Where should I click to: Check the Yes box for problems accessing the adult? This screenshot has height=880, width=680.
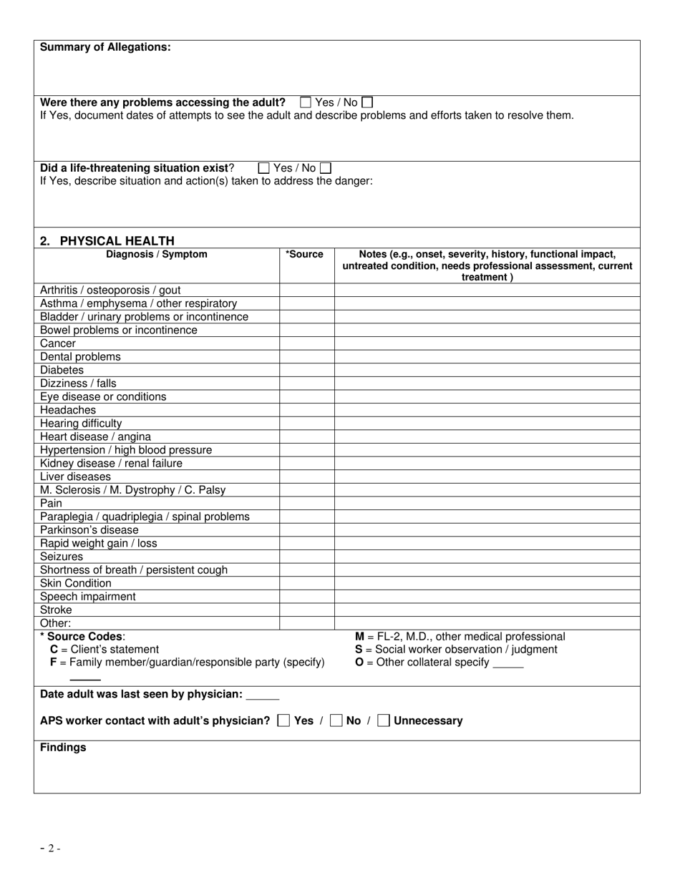pyautogui.click(x=306, y=102)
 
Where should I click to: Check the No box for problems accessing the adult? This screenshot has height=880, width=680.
pyautogui.click(x=367, y=102)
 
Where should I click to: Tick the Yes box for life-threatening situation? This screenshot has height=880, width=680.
pyautogui.click(x=263, y=168)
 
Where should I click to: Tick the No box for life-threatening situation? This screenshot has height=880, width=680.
pyautogui.click(x=326, y=168)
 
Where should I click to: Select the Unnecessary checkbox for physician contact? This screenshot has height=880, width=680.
pyautogui.click(x=384, y=720)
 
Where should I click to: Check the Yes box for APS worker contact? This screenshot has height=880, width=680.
pyautogui.click(x=283, y=720)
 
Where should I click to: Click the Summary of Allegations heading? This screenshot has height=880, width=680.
pyautogui.click(x=105, y=47)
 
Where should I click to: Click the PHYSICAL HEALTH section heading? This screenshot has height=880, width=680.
pyautogui.click(x=107, y=241)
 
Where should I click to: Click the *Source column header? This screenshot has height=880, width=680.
pyautogui.click(x=304, y=254)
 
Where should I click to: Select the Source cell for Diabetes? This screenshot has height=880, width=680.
pyautogui.click(x=306, y=371)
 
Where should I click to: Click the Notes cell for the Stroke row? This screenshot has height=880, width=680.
pyautogui.click(x=487, y=610)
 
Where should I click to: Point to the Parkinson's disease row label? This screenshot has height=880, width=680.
pyautogui.click(x=89, y=530)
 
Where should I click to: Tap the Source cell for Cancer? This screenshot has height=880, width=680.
pyautogui.click(x=306, y=343)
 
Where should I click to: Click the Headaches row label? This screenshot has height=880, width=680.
pyautogui.click(x=68, y=410)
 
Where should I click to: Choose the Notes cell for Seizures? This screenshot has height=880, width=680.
pyautogui.click(x=487, y=557)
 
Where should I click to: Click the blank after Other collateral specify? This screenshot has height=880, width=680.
pyautogui.click(x=508, y=663)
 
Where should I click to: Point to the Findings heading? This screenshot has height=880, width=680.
pyautogui.click(x=63, y=748)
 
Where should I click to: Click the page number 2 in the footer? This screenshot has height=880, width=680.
pyautogui.click(x=50, y=849)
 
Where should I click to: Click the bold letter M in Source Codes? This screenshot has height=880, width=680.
pyautogui.click(x=359, y=637)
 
